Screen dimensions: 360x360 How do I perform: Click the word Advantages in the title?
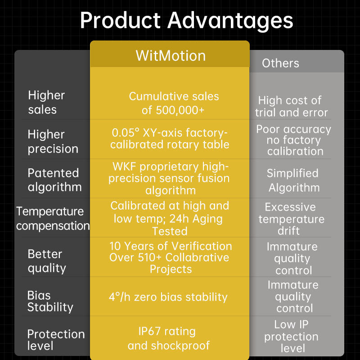pyautogui.click(x=230, y=21)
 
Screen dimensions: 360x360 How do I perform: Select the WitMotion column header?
pyautogui.click(x=170, y=56)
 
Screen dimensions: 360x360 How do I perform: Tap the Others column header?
pyautogui.click(x=280, y=63)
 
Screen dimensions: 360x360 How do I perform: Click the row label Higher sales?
pyautogui.click(x=46, y=102)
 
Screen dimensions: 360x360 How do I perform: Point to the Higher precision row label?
pyautogui.click(x=53, y=141)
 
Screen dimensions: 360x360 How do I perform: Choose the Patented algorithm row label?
pyautogui.click(x=54, y=180)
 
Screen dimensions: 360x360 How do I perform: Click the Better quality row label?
pyautogui.click(x=47, y=261)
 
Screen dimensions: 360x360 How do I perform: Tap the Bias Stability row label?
pyautogui.click(x=50, y=301)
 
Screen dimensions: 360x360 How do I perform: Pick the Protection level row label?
pyautogui.click(x=56, y=340)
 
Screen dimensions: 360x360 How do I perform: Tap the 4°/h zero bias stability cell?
pyautogui.click(x=168, y=297)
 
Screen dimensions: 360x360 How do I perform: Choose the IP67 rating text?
pyautogui.click(x=167, y=332)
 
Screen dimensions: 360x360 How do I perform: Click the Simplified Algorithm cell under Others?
pyautogui.click(x=293, y=180)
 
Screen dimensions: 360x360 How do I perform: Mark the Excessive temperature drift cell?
pyautogui.click(x=291, y=219)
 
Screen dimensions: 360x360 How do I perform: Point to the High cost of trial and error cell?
pyautogui.click(x=291, y=106)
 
